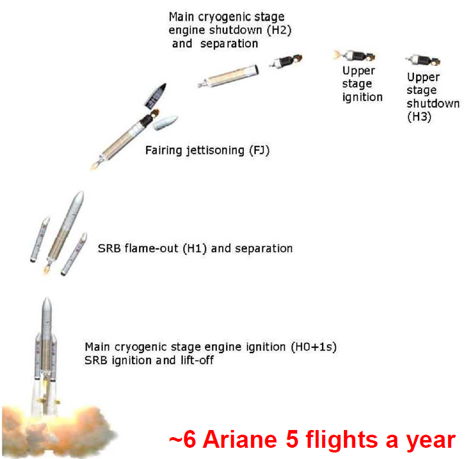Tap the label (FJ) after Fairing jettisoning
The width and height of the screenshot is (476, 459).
click(x=259, y=150)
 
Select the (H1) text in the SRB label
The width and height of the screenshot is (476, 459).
click(x=195, y=248)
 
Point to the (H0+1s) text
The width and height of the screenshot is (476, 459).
click(x=314, y=347)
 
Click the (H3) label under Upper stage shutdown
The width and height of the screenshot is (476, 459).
click(x=419, y=117)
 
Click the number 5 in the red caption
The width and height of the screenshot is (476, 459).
click(x=292, y=439)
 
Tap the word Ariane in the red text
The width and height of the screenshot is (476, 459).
click(x=240, y=439)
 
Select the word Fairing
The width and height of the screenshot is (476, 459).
click(x=164, y=151)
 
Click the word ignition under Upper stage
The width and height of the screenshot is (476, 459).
click(x=362, y=98)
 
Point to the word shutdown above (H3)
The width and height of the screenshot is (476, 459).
click(x=433, y=104)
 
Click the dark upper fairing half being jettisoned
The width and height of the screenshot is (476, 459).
click(x=156, y=96)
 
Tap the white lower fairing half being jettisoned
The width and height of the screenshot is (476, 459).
click(x=165, y=122)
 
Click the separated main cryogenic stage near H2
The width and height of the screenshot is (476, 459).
click(x=229, y=76)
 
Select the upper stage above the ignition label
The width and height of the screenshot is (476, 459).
click(x=355, y=56)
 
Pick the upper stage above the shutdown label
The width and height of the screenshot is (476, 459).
click(x=423, y=60)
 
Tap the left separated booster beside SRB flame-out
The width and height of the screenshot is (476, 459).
click(x=40, y=240)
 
